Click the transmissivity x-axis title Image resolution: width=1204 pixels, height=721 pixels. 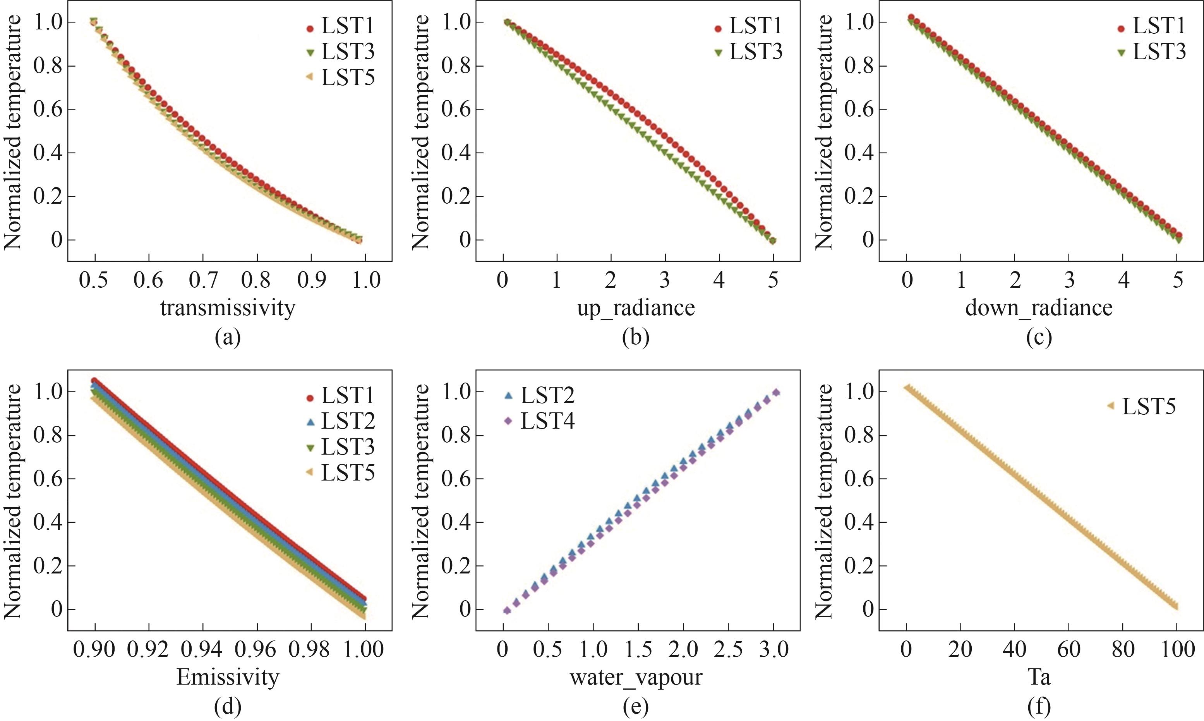click(x=227, y=307)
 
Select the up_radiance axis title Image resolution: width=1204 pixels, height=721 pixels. click(x=636, y=307)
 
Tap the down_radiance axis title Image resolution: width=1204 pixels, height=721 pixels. click(x=1039, y=307)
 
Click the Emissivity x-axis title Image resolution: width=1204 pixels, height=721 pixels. click(x=227, y=677)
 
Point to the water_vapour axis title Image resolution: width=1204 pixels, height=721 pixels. click(x=636, y=677)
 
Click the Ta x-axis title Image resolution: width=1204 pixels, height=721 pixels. click(x=1039, y=677)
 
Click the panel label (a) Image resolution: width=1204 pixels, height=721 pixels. click(x=227, y=338)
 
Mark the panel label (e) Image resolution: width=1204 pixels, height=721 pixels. click(x=636, y=707)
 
